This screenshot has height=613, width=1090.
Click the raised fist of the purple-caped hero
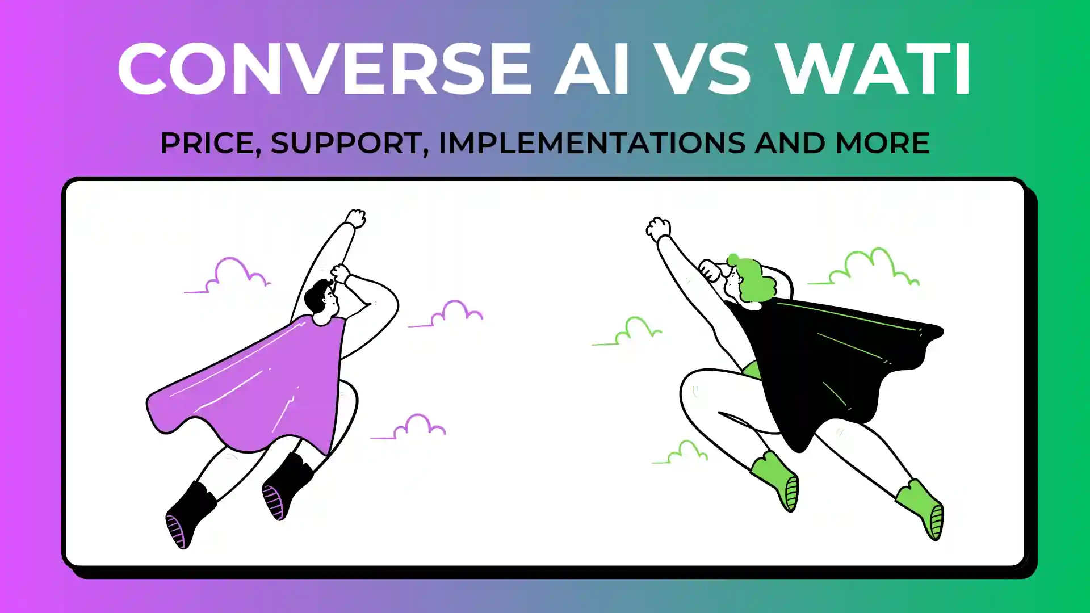pyautogui.click(x=356, y=219)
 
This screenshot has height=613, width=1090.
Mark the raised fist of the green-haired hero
pyautogui.click(x=659, y=229)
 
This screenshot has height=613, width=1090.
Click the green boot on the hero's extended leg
pyautogui.click(x=923, y=509)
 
